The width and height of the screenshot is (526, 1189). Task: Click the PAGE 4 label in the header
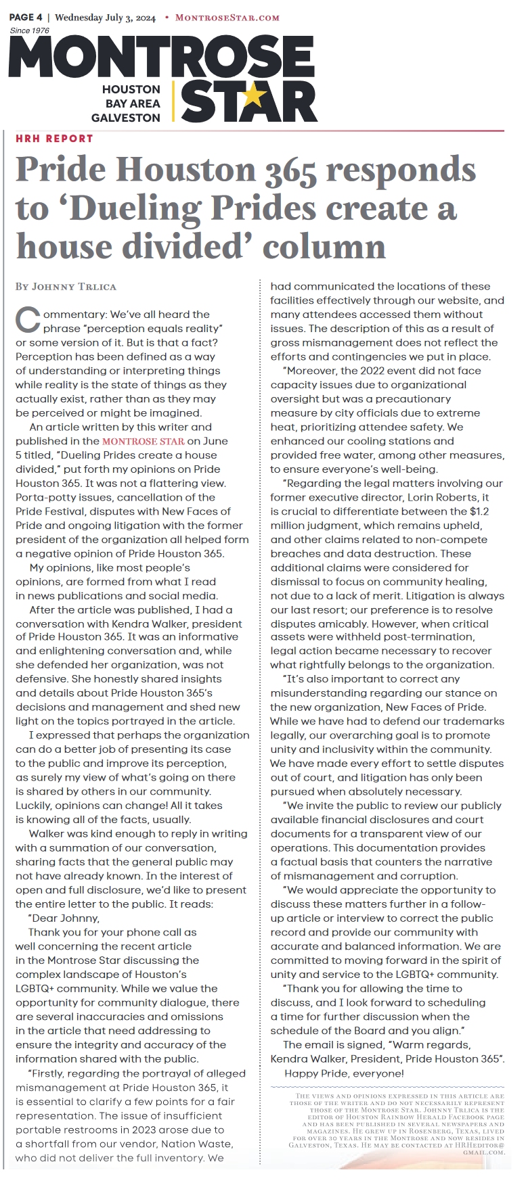tap(26, 17)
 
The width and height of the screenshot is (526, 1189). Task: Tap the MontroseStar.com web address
tap(227, 18)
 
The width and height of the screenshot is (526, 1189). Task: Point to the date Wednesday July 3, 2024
tap(105, 18)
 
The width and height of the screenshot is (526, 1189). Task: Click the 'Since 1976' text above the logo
tap(30, 30)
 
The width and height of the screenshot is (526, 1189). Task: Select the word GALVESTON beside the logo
tap(126, 118)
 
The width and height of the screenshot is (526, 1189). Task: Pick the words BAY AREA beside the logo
tap(133, 103)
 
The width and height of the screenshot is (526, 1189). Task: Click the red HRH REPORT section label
tap(54, 139)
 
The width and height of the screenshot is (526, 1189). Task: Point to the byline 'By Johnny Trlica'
tap(66, 287)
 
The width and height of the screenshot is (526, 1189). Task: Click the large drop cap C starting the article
tap(28, 320)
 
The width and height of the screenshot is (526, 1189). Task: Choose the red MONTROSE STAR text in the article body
tap(143, 441)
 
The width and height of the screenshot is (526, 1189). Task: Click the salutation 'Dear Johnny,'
tap(66, 918)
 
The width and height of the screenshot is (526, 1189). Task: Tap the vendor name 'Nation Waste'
tap(196, 1144)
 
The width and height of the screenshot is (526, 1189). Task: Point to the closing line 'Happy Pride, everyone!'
tap(344, 1073)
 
